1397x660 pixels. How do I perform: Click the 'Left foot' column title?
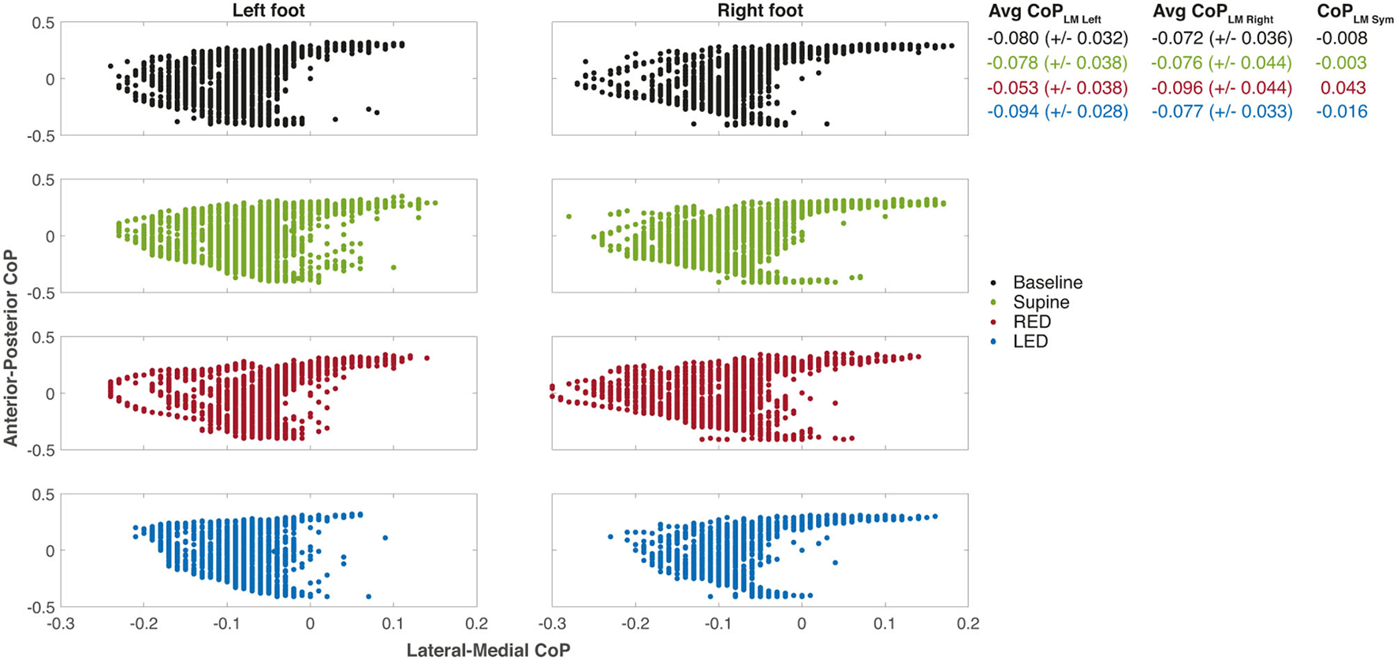pyautogui.click(x=268, y=10)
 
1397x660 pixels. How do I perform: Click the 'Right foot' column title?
pyautogui.click(x=760, y=10)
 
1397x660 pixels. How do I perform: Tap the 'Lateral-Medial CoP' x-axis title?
pyautogui.click(x=488, y=650)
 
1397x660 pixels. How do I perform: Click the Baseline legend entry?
pyautogui.click(x=1048, y=282)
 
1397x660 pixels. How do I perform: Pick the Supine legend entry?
pyautogui.click(x=1041, y=302)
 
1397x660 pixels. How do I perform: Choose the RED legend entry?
pyautogui.click(x=1032, y=322)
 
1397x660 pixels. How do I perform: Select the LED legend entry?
pyautogui.click(x=1030, y=341)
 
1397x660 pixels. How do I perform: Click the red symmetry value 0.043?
pyautogui.click(x=1343, y=88)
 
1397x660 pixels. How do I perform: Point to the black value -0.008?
pyautogui.click(x=1342, y=38)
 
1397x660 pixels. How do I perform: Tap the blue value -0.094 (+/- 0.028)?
pyautogui.click(x=1057, y=112)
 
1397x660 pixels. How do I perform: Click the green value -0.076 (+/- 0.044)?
pyautogui.click(x=1222, y=63)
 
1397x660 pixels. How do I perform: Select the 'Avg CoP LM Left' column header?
pyautogui.click(x=1045, y=13)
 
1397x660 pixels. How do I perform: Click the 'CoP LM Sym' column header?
pyautogui.click(x=1354, y=13)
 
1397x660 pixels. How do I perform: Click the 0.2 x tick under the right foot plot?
pyautogui.click(x=967, y=623)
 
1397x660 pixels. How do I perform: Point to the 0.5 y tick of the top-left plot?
pyautogui.click(x=43, y=23)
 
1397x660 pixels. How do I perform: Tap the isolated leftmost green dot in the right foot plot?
pyautogui.click(x=568, y=216)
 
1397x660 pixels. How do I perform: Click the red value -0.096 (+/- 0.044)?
pyautogui.click(x=1222, y=88)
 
